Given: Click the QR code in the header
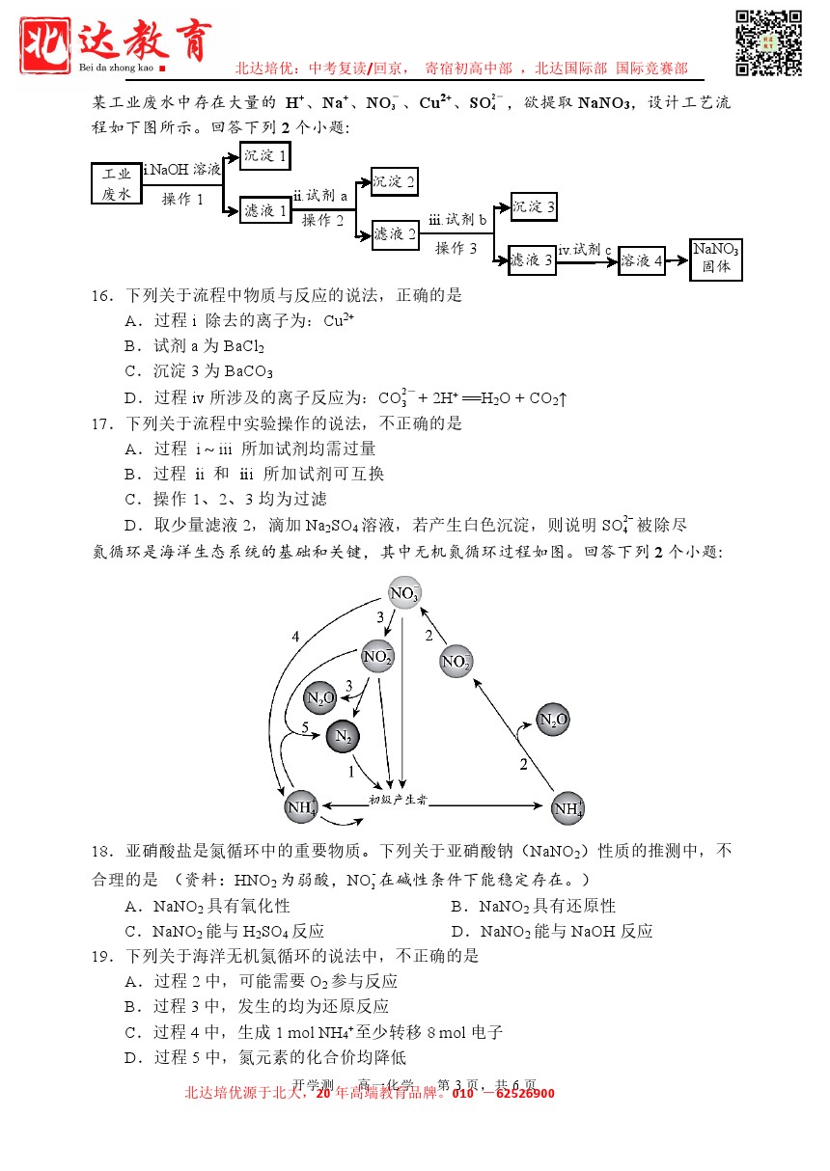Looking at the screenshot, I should [x=769, y=42].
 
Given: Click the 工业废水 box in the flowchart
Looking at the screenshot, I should [x=117, y=183].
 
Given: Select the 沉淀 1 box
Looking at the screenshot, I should [x=264, y=155].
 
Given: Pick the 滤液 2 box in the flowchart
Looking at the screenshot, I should [x=395, y=233].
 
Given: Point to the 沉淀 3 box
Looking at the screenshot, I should [x=533, y=206].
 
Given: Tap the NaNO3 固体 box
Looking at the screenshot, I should [x=715, y=259].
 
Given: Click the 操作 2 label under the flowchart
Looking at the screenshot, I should [x=322, y=220].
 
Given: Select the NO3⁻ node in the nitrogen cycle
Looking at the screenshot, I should [x=404, y=593].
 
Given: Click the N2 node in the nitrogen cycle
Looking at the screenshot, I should [x=344, y=736].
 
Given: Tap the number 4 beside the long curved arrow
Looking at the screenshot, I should [x=295, y=637].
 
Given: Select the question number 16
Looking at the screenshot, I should [x=103, y=295].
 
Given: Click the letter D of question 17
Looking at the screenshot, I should [x=130, y=525].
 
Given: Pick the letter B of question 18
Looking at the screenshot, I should [x=456, y=906].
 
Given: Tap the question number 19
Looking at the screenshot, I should [x=103, y=956].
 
